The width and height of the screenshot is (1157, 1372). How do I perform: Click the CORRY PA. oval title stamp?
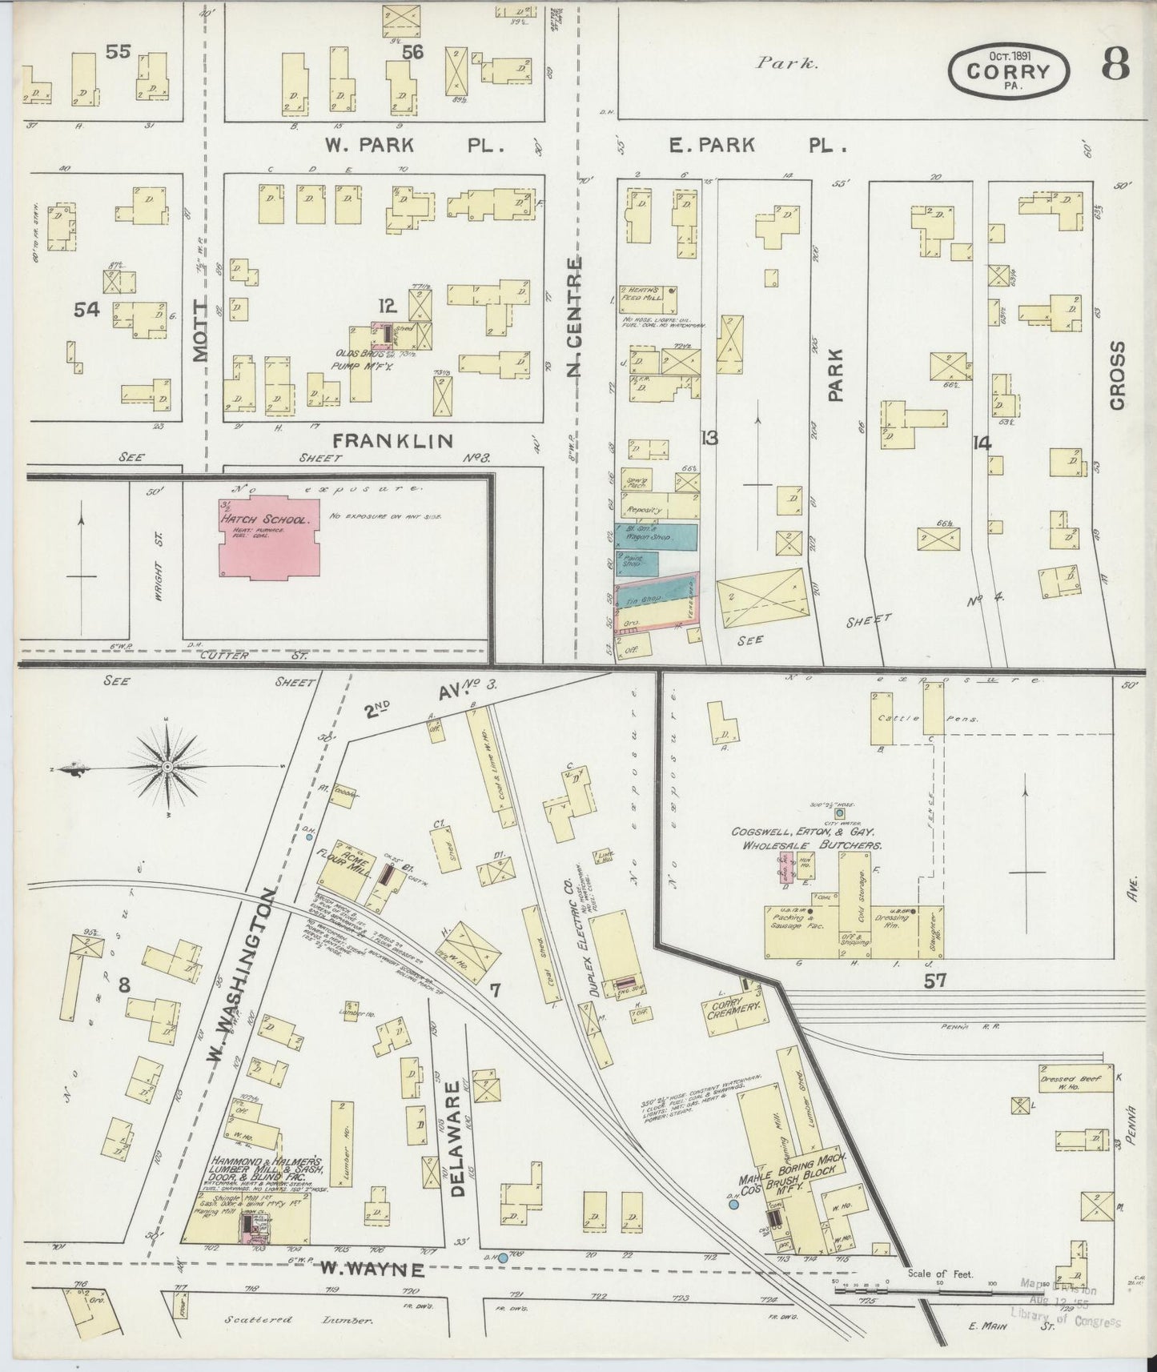[1008, 70]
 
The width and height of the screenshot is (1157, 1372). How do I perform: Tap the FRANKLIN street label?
[392, 440]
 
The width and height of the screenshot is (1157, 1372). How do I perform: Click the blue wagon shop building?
[657, 536]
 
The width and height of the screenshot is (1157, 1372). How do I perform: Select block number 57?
[934, 981]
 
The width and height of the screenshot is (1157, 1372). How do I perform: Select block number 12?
[388, 305]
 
